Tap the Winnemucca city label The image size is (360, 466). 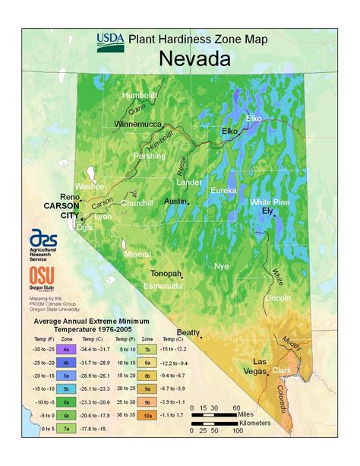pos(141,123)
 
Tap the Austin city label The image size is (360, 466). pos(176,201)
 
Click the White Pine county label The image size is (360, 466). pos(270,201)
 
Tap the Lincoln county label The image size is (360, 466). pos(277,298)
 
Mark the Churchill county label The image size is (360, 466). pos(137,203)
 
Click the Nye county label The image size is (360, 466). pos(221,266)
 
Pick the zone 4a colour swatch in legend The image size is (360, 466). pos(66,348)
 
